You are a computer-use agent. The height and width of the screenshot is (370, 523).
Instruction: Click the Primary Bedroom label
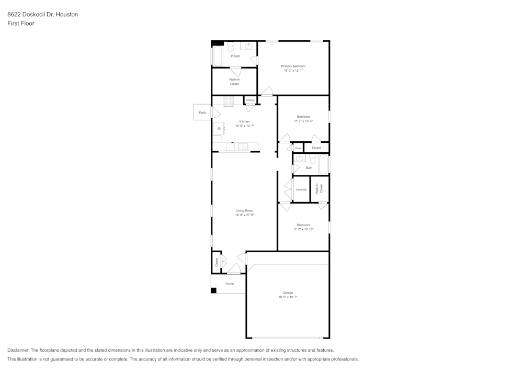point(293,66)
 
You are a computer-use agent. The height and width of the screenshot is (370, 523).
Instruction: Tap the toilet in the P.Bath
point(230,47)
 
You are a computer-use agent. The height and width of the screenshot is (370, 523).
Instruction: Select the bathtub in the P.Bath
point(217,56)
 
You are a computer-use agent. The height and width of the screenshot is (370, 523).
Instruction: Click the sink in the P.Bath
point(249,47)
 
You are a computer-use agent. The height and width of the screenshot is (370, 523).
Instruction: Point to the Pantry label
point(250,100)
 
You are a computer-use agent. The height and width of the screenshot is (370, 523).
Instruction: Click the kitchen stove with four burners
point(228,102)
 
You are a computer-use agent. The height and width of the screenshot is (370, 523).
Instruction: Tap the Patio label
point(202,113)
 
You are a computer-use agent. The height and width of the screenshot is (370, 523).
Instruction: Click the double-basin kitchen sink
point(243,147)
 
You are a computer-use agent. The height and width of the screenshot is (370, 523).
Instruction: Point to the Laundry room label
point(301,189)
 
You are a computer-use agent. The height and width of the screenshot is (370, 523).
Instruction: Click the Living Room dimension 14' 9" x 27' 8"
point(244,215)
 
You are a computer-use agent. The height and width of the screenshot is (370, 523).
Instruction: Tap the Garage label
point(288,293)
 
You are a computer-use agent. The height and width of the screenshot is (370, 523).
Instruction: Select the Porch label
point(229,284)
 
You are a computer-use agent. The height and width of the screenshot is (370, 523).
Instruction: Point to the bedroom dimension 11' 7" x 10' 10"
point(303,229)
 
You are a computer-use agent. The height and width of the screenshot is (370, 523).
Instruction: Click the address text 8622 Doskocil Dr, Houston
point(42,15)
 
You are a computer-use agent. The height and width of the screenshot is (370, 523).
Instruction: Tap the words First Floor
point(21,24)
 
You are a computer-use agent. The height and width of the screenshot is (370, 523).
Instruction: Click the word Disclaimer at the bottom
point(19,350)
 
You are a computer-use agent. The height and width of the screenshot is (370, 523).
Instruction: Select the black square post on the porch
point(213,290)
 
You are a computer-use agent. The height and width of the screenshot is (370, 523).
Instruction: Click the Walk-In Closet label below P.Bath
point(234,82)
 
